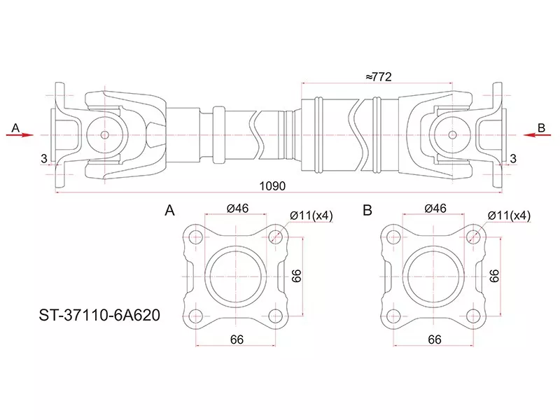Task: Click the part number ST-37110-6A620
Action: click(99, 316)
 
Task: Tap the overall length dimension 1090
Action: click(272, 186)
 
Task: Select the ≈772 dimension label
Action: click(378, 77)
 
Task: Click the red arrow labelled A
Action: click(20, 135)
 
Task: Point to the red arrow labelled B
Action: click(538, 135)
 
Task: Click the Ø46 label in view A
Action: click(237, 208)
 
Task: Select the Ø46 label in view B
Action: click(435, 208)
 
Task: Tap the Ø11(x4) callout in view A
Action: click(311, 216)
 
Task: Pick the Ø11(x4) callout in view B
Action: click(510, 216)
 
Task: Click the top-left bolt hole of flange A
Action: click(196, 237)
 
